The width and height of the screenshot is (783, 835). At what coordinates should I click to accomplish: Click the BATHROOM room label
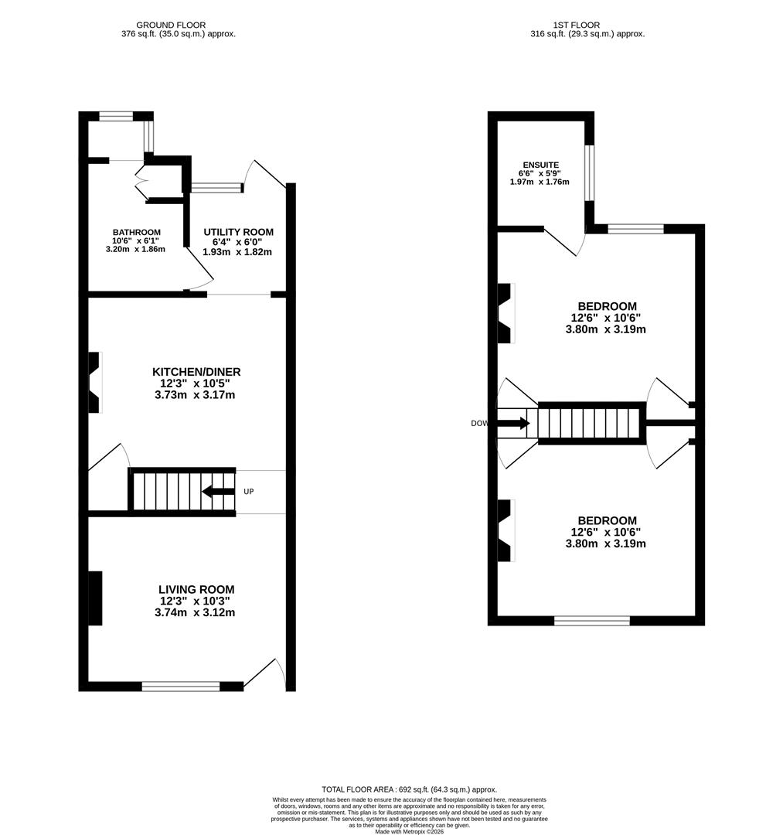tap(136, 232)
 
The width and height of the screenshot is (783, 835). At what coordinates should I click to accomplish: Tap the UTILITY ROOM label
tap(238, 232)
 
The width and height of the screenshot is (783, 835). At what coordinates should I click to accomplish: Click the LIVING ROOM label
tap(196, 590)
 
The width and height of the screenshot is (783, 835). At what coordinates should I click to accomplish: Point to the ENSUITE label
tap(540, 165)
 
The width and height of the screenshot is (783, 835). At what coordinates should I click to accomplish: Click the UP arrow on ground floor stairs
tap(217, 492)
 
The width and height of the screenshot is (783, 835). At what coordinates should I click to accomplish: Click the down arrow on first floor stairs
tap(513, 423)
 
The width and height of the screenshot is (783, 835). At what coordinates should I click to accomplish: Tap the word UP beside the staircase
tap(249, 492)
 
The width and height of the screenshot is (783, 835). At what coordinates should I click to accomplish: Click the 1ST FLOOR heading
tap(576, 25)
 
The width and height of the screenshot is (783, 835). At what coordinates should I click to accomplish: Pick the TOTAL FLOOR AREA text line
tap(409, 789)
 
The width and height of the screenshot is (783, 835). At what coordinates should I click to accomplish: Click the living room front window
tap(181, 686)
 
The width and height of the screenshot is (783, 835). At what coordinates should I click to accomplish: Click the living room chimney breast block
tap(94, 598)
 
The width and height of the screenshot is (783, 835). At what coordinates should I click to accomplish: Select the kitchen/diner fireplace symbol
tap(94, 382)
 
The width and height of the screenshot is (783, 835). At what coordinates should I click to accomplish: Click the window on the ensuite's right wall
tap(589, 172)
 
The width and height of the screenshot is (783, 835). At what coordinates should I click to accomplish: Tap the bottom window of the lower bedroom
tap(592, 620)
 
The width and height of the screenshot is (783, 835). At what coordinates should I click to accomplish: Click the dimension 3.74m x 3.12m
tap(195, 612)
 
